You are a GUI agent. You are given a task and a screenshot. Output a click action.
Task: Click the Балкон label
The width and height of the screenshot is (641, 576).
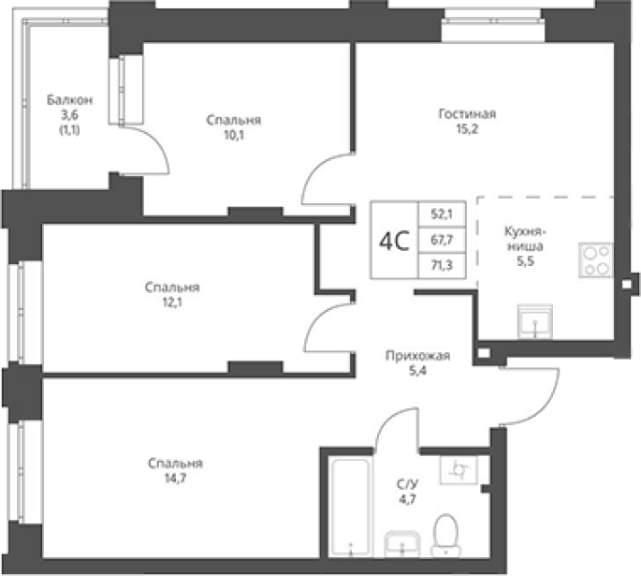tap(69, 100)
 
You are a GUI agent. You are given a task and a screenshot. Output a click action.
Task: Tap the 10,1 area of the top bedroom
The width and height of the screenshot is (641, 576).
tap(234, 135)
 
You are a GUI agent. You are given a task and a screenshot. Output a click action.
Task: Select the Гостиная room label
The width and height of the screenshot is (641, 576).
tap(467, 113)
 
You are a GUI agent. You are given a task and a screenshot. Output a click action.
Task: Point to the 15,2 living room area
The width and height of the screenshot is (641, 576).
tap(467, 129)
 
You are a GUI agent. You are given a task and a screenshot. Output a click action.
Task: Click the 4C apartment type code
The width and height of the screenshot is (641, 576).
tap(394, 241)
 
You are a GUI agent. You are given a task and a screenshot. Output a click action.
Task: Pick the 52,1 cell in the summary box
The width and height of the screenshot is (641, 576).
tap(442, 214)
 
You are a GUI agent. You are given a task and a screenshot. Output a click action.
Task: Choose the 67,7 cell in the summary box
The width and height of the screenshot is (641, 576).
tap(442, 240)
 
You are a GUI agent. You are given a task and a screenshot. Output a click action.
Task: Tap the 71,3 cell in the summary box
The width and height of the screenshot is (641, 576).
tap(442, 265)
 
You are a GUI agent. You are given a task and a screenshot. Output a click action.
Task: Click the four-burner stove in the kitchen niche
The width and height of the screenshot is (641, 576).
tap(596, 260)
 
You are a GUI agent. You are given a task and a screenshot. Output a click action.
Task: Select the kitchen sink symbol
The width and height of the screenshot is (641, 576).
tap(535, 321)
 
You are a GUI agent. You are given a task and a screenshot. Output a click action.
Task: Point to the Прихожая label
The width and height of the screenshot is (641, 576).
tap(417, 356)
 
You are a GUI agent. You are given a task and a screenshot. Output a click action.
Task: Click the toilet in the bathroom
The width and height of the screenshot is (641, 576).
tap(445, 535)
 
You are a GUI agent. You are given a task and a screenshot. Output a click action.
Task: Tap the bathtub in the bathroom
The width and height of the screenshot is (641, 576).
tap(350, 508)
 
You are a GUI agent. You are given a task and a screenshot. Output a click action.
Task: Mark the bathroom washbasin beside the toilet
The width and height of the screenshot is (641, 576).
tap(402, 544)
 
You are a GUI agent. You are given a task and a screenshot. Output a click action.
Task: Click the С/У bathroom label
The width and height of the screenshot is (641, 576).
tap(408, 485)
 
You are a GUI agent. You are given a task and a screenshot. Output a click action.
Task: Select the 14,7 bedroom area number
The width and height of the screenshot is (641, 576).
tap(175, 478)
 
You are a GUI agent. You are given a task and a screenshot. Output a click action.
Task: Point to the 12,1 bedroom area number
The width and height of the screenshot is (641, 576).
tap(172, 303)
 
